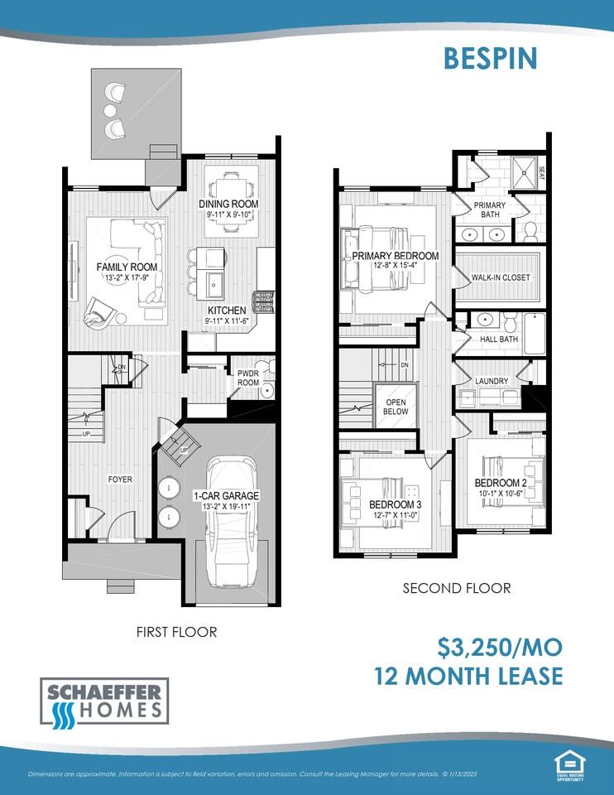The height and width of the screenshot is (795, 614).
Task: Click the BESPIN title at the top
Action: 490,58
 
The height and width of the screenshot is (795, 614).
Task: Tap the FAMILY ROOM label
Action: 127,267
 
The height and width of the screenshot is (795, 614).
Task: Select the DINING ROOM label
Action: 228,204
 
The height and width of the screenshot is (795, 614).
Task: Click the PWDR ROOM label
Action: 249,378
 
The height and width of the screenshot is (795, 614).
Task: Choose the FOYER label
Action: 119,479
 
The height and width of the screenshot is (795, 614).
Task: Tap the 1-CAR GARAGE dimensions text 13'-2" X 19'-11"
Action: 226,507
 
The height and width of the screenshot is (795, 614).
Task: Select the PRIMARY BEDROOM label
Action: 395,256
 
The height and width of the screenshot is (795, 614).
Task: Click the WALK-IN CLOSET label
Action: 501,277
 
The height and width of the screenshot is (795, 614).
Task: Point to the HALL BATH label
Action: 498,339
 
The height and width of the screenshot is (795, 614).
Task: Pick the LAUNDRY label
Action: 492,381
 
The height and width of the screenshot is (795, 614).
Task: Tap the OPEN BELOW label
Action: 395,406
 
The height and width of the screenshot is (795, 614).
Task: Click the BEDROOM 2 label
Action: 501,483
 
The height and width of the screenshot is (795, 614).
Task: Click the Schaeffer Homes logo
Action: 104,701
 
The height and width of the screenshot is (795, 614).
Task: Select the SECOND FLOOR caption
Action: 456,588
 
